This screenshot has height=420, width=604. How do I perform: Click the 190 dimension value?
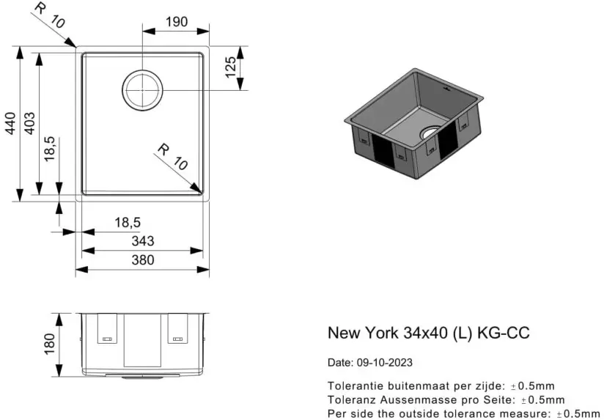tap(177, 21)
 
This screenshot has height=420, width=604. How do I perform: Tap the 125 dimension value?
tap(230, 67)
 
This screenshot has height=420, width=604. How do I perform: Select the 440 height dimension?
tap(10, 123)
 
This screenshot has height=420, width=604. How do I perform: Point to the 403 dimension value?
tap(29, 123)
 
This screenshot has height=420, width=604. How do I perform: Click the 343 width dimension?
tap(143, 241)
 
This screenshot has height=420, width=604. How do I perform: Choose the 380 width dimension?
tap(143, 260)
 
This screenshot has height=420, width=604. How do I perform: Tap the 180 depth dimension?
tap(50, 344)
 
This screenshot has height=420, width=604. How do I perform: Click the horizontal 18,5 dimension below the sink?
tap(128, 223)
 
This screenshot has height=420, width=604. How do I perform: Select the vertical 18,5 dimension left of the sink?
tap(50, 149)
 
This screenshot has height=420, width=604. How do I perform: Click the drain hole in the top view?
tap(142, 90)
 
